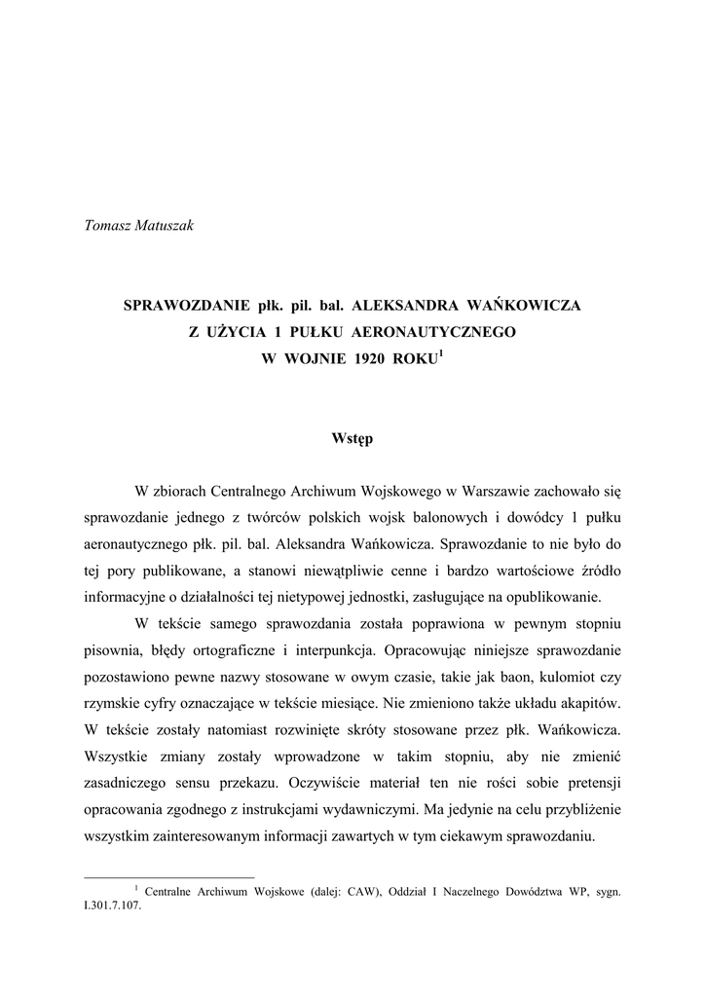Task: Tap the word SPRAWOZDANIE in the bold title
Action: (180, 306)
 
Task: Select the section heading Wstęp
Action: (352, 439)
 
